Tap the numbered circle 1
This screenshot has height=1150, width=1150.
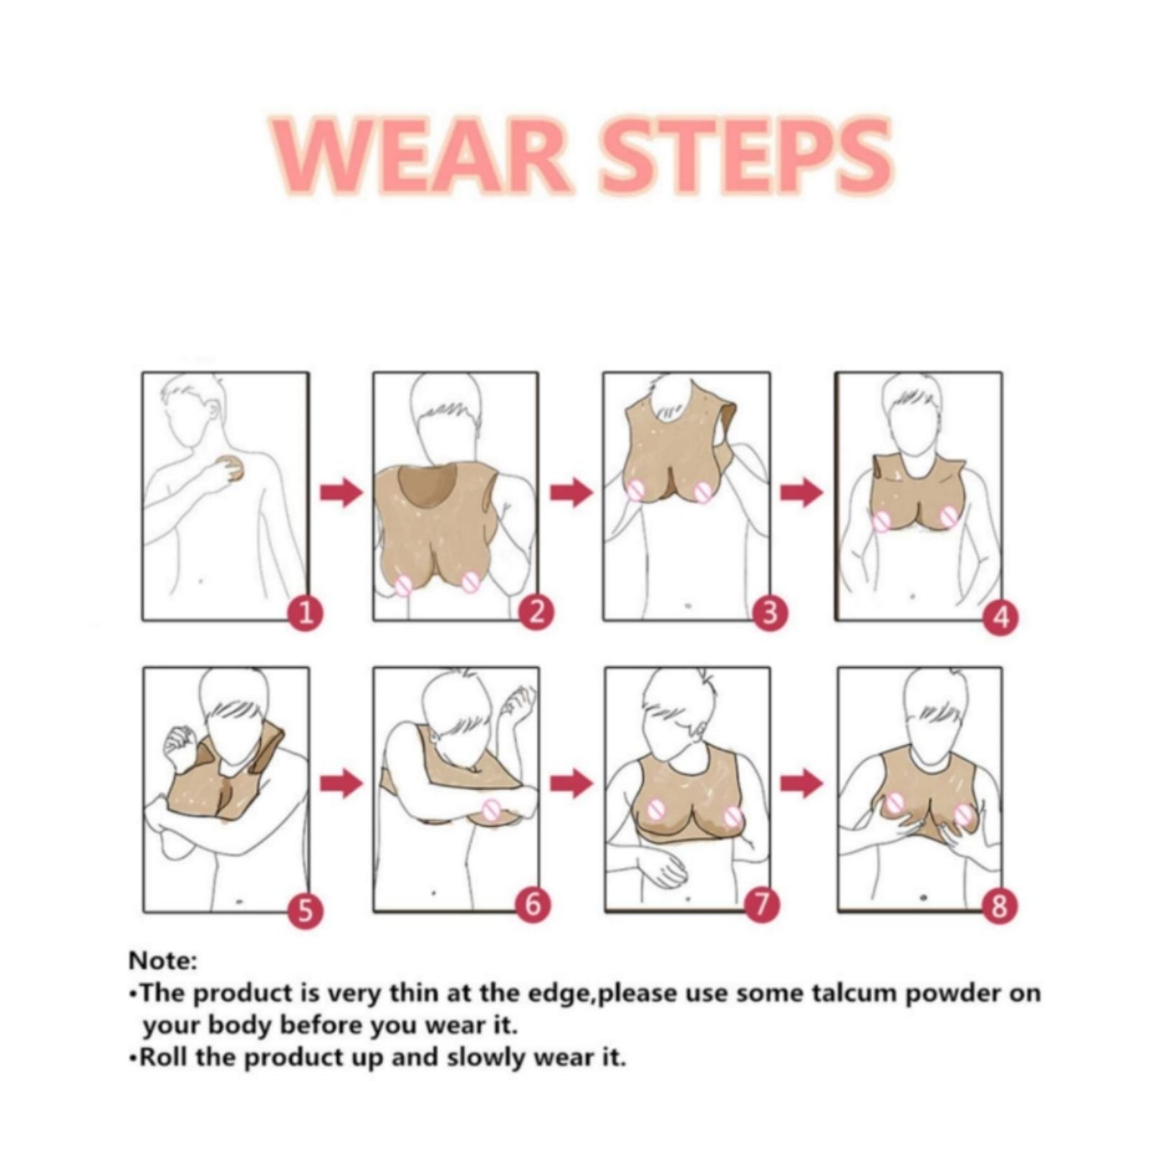point(306,614)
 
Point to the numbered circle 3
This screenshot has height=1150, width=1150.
point(769,614)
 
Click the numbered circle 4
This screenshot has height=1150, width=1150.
point(1001,617)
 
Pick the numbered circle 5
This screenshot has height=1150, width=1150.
point(305,910)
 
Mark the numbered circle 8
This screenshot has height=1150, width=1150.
point(999,906)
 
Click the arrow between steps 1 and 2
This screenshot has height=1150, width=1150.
point(341,492)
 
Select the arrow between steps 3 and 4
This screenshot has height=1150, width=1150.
point(802,492)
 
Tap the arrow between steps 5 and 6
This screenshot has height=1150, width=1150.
point(341,783)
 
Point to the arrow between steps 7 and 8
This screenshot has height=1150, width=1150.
point(802,783)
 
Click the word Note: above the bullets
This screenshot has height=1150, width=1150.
point(162,960)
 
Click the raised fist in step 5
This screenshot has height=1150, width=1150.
point(180,740)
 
